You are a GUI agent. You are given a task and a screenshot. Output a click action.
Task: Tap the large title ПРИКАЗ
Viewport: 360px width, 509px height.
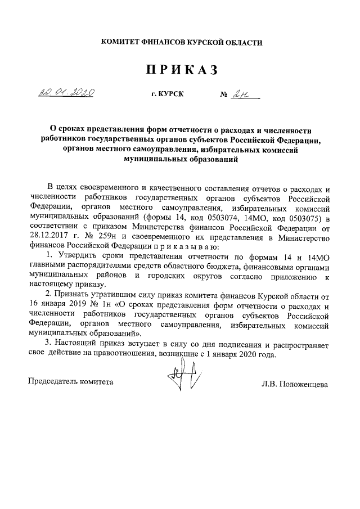(x=181, y=70)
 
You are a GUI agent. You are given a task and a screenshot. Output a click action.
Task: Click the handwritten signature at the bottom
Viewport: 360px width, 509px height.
(x=183, y=379)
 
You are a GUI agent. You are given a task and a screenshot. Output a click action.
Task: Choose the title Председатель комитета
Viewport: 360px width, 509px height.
(x=71, y=382)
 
